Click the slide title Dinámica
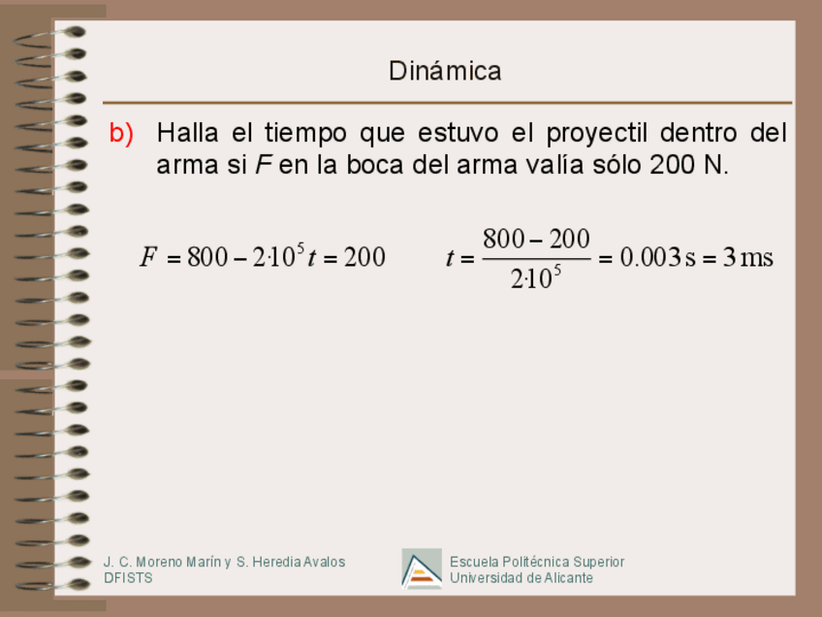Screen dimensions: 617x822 point(445,71)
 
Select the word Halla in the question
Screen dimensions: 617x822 point(188,133)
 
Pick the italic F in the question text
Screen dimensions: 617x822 point(262,165)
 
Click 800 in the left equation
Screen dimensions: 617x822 point(206,257)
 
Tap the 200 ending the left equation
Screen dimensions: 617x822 point(364,257)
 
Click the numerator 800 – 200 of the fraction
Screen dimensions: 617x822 point(536,239)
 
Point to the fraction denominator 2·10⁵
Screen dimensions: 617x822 point(536,278)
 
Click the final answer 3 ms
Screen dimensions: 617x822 point(748,257)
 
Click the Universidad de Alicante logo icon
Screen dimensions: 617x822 point(422,569)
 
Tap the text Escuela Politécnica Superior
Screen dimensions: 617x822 point(537,562)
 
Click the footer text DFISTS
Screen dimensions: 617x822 point(128,578)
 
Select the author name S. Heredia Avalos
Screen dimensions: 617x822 point(291,562)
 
